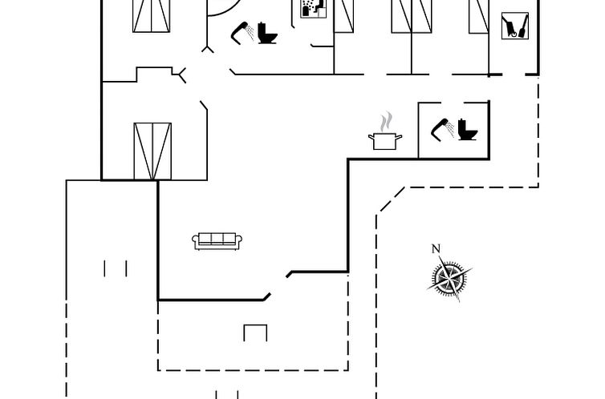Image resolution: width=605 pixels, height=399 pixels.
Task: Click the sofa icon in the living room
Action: (217, 241)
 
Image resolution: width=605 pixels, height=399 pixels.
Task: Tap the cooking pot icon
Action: (385, 141)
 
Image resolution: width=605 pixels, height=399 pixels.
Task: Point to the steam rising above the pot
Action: (386, 122)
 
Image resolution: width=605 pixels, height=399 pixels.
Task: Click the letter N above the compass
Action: (436, 249)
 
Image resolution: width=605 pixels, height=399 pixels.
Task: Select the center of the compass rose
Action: (449, 278)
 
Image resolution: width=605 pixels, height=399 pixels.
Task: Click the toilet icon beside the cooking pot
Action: (468, 130)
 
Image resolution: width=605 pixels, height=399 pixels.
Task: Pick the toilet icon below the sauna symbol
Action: (267, 33)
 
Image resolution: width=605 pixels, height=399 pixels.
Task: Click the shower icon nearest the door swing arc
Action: (242, 33)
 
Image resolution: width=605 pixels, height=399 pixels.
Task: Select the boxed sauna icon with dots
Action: (313, 9)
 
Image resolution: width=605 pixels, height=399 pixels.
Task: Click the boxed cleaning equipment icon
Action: (515, 26)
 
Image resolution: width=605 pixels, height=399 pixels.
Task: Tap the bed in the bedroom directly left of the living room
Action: (152, 151)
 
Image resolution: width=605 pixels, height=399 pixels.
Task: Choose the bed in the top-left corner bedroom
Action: (151, 16)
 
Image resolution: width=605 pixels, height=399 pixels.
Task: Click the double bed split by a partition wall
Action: (412, 16)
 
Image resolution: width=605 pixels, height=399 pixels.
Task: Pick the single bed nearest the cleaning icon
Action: (479, 17)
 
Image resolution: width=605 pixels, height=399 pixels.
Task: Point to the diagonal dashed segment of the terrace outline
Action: (392, 199)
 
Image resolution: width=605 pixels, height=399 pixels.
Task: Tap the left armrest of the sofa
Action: (195, 241)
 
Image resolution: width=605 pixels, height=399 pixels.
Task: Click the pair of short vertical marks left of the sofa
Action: (116, 268)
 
